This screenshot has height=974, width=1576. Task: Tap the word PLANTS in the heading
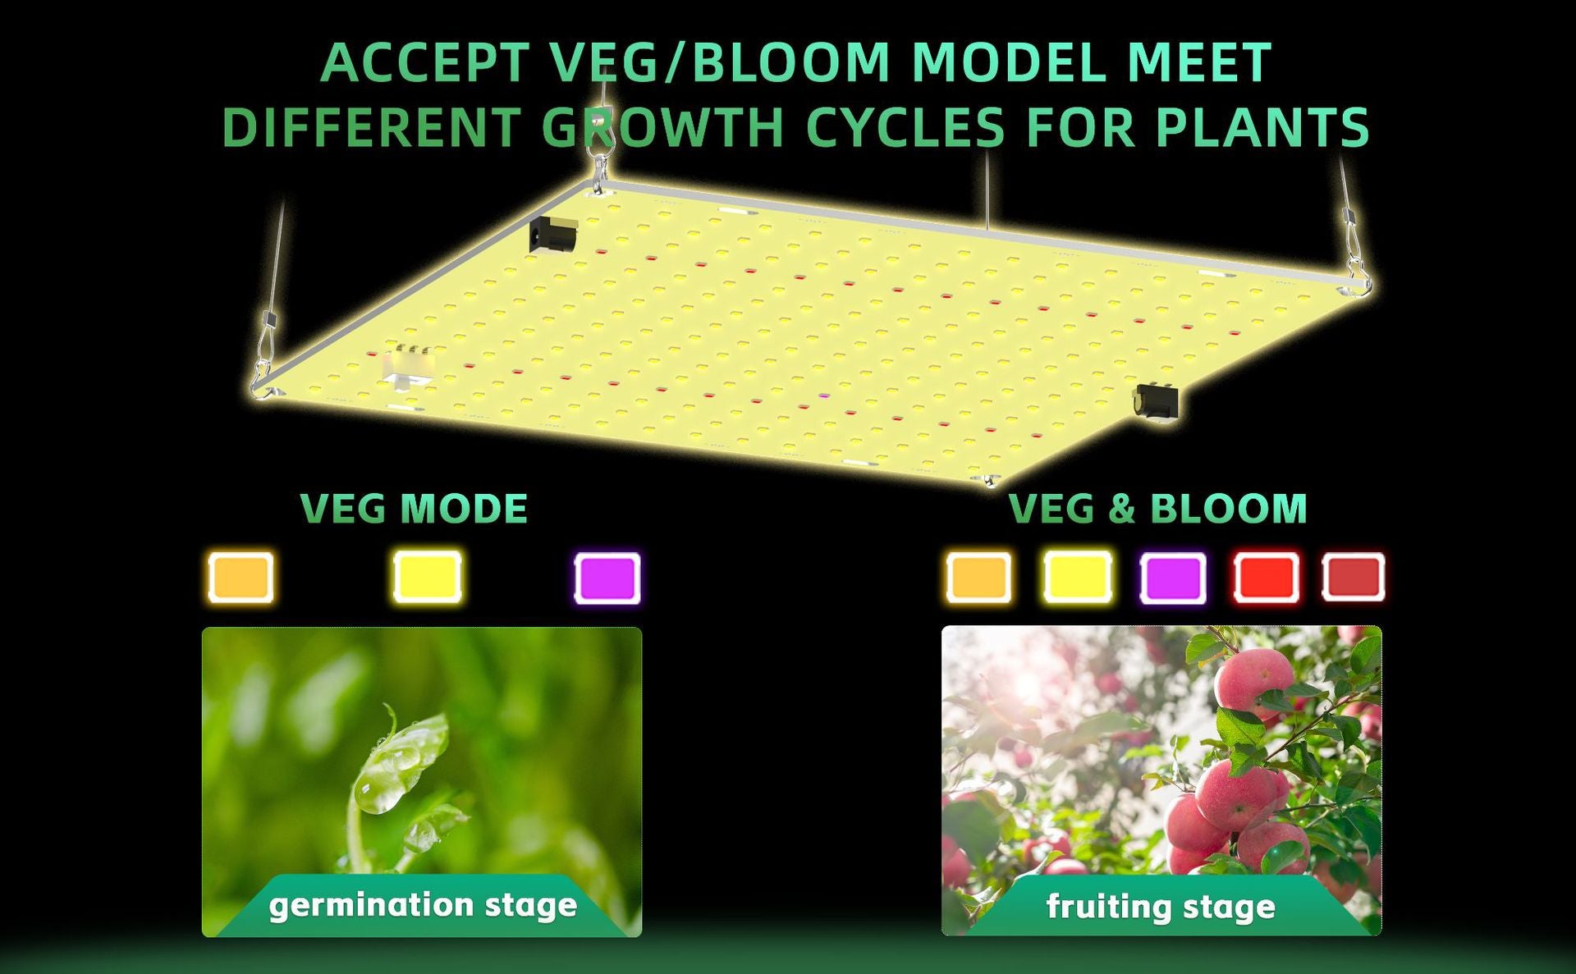click(1262, 128)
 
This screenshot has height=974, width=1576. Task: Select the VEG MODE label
click(414, 509)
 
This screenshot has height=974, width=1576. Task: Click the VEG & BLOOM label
click(1157, 509)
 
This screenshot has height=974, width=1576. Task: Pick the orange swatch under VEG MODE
click(241, 577)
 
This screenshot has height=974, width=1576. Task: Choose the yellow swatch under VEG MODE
click(427, 577)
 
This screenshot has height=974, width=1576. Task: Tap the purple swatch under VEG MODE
click(607, 578)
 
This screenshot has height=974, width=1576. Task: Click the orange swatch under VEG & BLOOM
click(978, 578)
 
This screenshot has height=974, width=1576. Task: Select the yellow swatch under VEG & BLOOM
click(1078, 578)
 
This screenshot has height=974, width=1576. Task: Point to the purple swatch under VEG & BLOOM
click(1174, 578)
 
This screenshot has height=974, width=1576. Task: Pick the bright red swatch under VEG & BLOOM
click(1267, 578)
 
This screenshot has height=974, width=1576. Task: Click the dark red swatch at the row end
click(1354, 578)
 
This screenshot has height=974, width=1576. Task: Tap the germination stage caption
click(423, 905)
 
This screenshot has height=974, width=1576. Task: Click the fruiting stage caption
click(1161, 907)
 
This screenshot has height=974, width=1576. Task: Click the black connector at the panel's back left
click(553, 235)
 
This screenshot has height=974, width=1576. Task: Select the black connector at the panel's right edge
click(1156, 401)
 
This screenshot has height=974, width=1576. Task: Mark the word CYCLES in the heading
click(905, 128)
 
